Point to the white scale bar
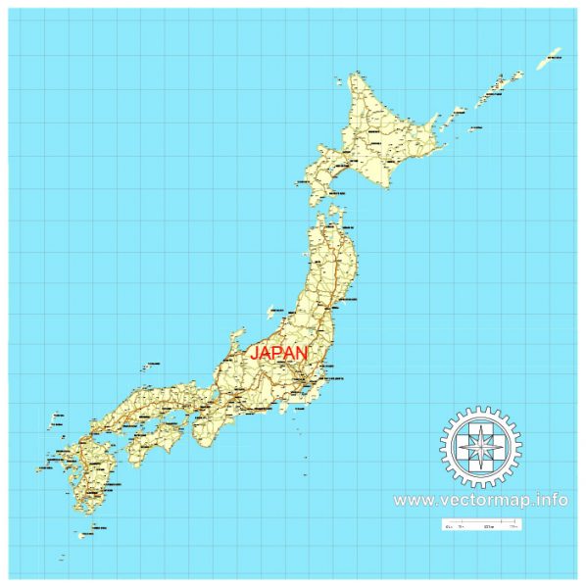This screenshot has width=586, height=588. (480, 525)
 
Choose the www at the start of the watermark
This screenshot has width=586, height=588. (412, 500)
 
